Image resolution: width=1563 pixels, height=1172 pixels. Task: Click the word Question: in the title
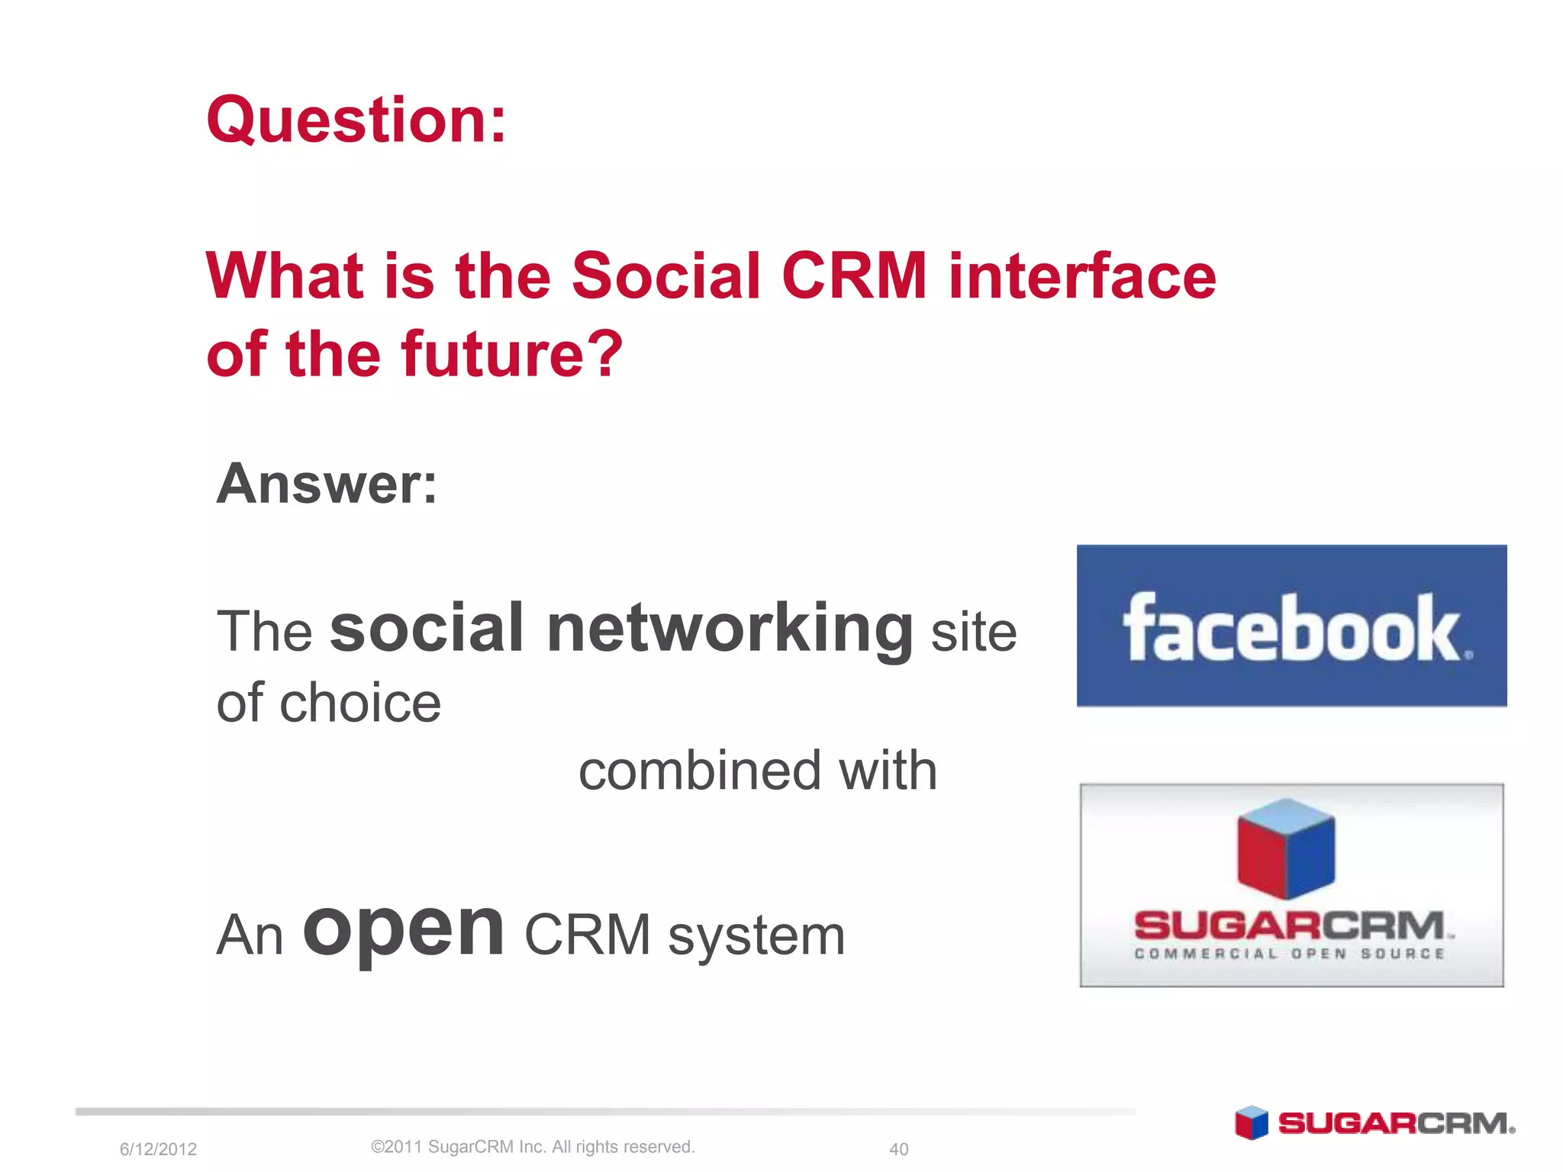coord(356,121)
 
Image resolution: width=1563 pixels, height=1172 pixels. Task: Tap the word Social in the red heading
coord(665,275)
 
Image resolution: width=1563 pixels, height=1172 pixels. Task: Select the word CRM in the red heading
coord(854,275)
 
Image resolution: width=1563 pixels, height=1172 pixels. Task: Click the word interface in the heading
coord(1081,275)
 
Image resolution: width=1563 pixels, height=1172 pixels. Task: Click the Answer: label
coord(327,484)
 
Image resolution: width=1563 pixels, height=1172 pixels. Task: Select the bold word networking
coord(730,629)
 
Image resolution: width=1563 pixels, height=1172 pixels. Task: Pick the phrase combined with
coord(757,771)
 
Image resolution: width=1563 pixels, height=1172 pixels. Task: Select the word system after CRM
coord(756,936)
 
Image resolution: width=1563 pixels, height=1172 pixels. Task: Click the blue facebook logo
coord(1291,626)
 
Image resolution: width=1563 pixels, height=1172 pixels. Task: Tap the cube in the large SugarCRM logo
coord(1286,848)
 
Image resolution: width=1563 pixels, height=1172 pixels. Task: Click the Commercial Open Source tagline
coord(1289,954)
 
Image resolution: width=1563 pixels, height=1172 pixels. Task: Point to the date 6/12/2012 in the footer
coord(158,1149)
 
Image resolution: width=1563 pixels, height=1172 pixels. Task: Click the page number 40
coord(898,1149)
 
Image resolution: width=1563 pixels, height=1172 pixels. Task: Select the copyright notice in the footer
coord(532,1147)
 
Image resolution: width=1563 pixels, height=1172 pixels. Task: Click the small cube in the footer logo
coord(1251,1122)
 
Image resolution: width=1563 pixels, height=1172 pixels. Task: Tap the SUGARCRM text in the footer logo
coord(1396,1123)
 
